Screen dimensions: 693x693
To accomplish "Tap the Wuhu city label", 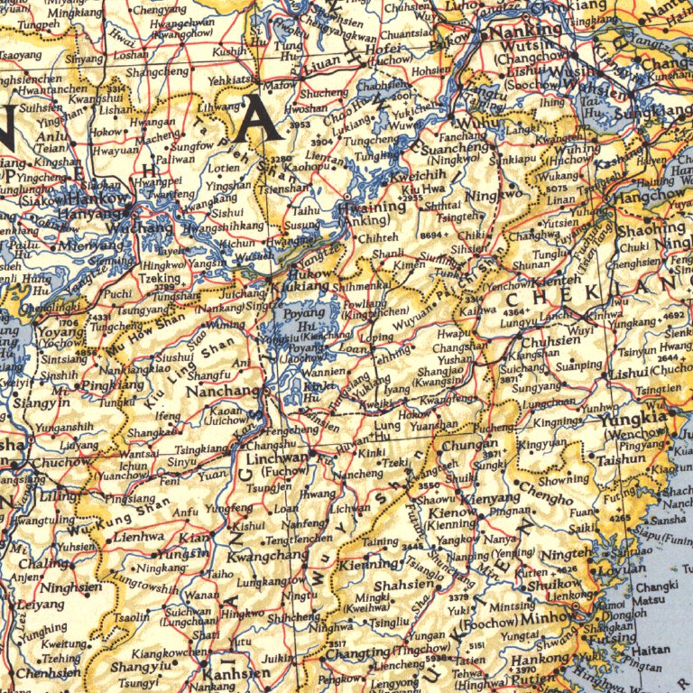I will (479, 123).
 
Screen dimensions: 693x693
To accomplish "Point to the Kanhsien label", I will (236, 673).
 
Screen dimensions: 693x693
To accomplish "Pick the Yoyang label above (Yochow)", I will (56, 330).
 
